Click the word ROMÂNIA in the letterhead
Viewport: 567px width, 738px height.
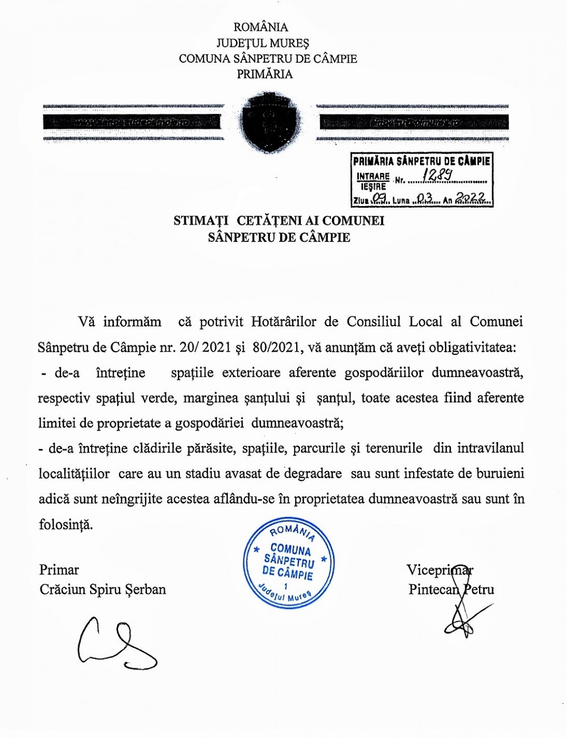(x=261, y=27)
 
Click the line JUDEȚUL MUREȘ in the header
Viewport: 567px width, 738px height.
(x=262, y=43)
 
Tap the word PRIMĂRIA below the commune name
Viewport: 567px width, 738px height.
(x=265, y=74)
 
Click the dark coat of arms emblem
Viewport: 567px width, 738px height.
(x=270, y=123)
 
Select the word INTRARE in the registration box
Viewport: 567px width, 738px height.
(x=373, y=177)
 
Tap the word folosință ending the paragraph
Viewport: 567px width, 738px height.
(x=66, y=525)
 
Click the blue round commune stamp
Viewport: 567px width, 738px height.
(x=288, y=562)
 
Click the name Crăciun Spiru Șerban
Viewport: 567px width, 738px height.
(x=103, y=589)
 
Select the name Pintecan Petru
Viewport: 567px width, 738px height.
(x=451, y=589)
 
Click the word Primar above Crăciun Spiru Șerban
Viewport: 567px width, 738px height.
(x=59, y=570)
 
